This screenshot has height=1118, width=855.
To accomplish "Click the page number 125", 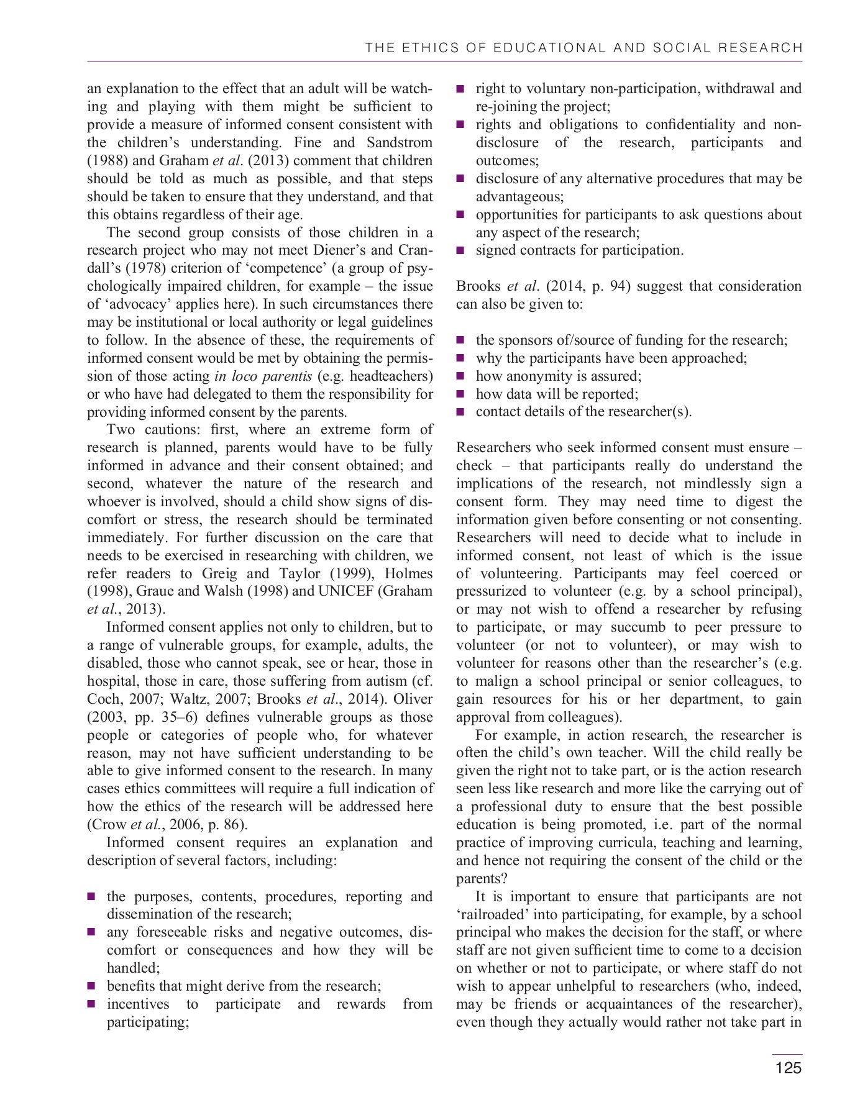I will pos(788,1068).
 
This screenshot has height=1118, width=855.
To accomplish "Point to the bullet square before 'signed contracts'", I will pos(460,251).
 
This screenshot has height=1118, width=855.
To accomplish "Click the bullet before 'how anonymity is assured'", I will pos(460,376).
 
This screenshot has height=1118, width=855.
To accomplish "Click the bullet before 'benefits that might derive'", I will pos(91,986).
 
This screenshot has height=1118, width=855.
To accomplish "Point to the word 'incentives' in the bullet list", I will pos(137,1004).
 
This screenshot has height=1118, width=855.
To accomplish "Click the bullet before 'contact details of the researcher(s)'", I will pos(460,412).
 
